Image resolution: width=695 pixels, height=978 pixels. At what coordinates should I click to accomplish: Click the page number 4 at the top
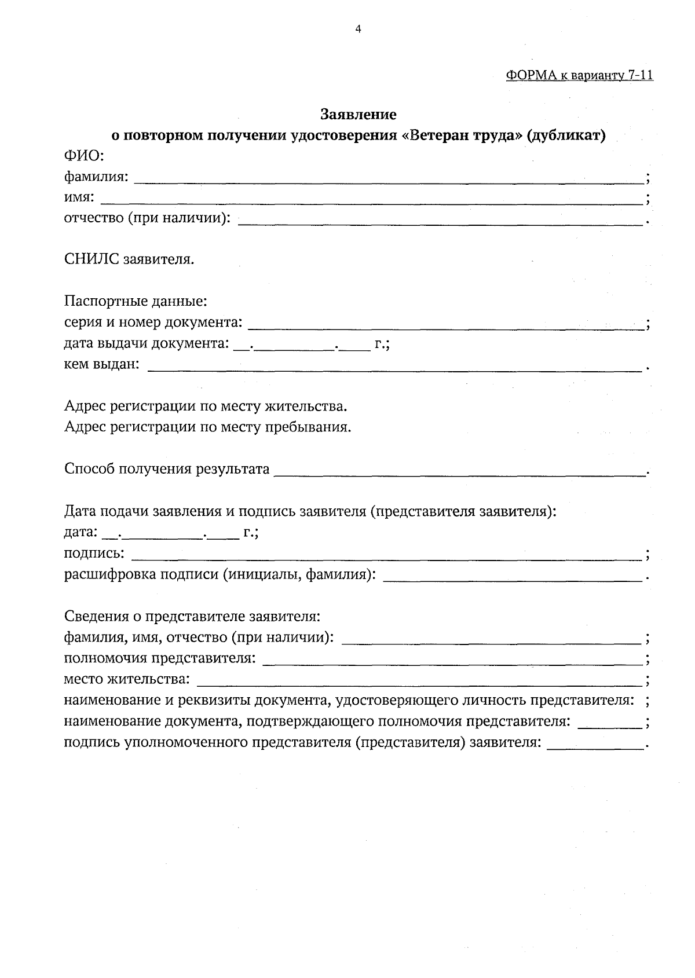358,29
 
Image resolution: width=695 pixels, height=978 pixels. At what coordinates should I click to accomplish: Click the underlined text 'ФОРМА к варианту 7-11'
579,75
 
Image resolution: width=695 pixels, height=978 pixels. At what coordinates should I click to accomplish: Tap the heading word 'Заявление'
359,115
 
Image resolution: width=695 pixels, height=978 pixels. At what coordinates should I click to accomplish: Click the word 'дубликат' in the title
565,135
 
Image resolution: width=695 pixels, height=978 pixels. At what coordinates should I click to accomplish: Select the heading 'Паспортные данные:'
136,302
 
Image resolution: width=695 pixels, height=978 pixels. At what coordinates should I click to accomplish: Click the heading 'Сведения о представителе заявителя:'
192,617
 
